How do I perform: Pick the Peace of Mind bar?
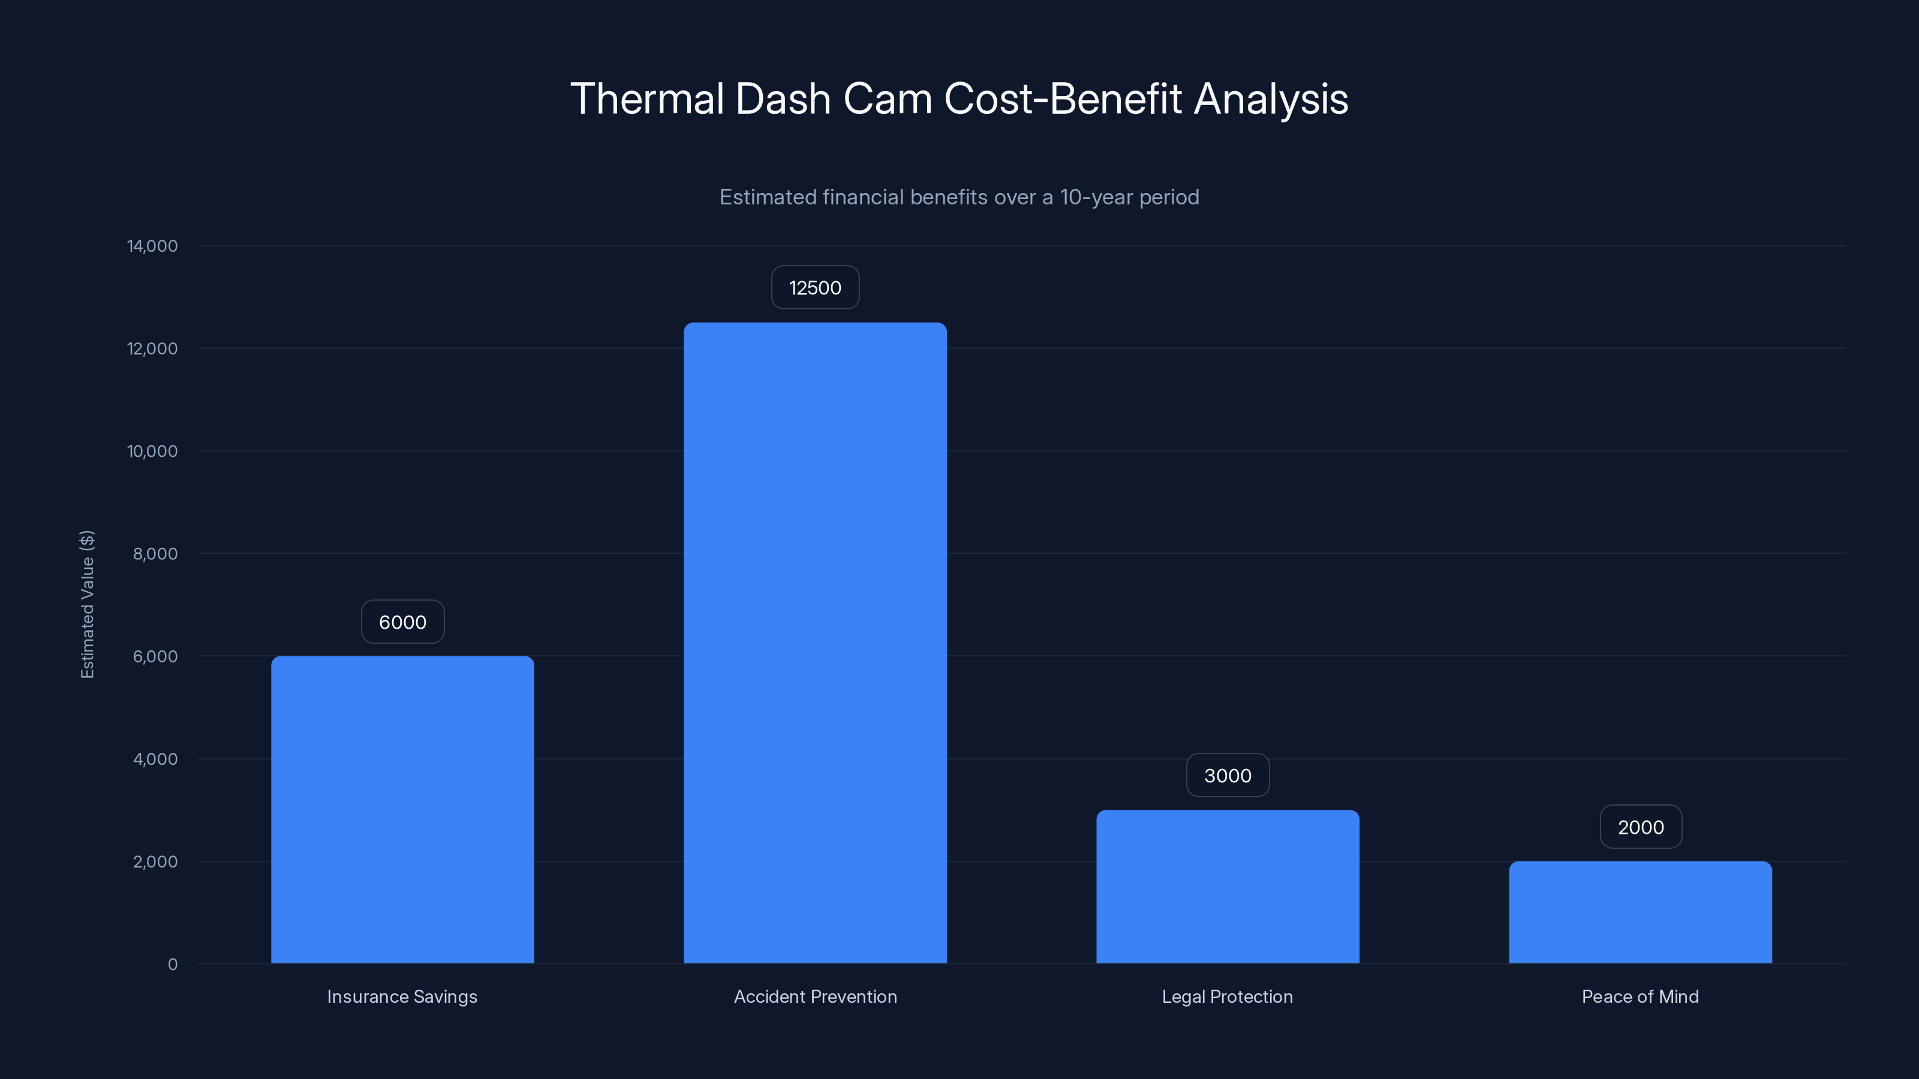point(1640,912)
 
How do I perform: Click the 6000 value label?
point(402,622)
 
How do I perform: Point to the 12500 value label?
point(815,288)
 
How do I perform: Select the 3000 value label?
point(1228,775)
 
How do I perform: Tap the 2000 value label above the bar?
point(1640,827)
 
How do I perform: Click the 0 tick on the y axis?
point(173,965)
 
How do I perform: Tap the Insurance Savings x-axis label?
point(402,996)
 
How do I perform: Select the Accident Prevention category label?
point(815,996)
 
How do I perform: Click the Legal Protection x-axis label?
point(1228,996)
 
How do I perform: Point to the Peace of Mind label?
point(1640,996)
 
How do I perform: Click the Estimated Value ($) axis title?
point(87,604)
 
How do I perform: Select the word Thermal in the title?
point(646,99)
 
